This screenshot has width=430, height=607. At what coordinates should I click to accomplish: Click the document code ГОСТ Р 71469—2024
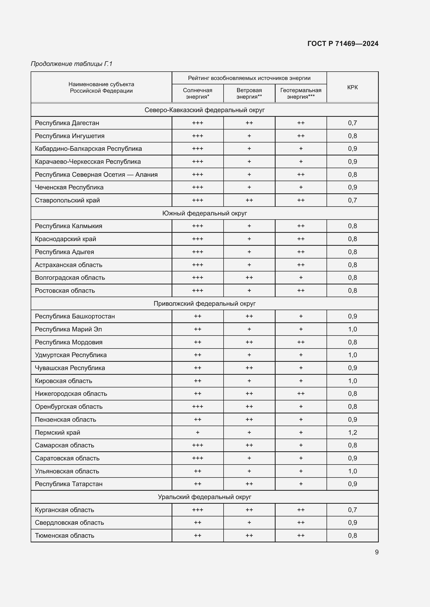343,44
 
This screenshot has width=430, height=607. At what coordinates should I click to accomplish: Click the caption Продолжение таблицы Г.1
71,64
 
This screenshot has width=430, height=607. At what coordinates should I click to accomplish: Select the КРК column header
352,87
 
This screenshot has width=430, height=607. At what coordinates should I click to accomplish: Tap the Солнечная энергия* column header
198,93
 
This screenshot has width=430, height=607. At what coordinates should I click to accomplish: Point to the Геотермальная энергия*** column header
301,93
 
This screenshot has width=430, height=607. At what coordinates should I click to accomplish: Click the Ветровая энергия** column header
249,93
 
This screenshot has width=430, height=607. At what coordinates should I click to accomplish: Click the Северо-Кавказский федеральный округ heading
204,110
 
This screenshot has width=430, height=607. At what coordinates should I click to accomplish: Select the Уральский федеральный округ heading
204,497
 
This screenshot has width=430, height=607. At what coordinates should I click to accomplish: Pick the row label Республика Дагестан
67,123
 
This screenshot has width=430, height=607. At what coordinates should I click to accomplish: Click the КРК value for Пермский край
352,433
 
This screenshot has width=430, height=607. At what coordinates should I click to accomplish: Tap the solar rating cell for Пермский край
198,433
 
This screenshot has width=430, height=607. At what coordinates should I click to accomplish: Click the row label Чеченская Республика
69,187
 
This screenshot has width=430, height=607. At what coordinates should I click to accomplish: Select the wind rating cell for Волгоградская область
249,278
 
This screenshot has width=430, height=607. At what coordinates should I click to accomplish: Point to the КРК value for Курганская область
352,510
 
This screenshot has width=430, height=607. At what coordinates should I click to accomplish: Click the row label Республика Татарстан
69,484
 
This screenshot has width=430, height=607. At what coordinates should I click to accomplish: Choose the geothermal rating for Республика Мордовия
301,342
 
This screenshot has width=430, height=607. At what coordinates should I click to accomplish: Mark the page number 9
376,552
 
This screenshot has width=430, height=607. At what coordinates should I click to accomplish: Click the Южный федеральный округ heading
204,213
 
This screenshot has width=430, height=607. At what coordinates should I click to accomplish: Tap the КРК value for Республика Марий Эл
352,329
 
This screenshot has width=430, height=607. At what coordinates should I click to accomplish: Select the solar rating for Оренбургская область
198,407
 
